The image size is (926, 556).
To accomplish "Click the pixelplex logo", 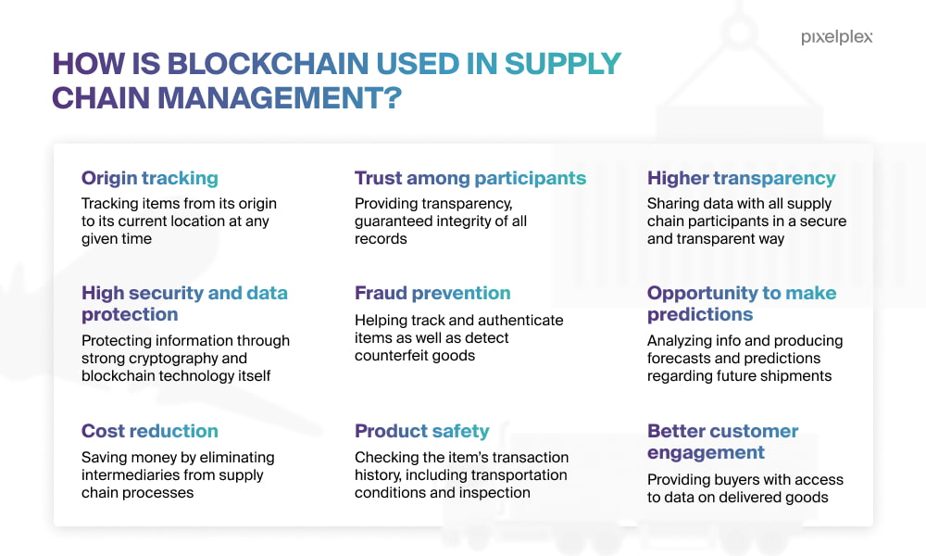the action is (836, 37).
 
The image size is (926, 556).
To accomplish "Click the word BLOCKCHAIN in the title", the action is (269, 64).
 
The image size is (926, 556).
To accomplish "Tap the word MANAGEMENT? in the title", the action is (280, 98).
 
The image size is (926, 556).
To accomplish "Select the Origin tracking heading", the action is (150, 178).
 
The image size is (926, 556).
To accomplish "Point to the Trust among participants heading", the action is (470, 178).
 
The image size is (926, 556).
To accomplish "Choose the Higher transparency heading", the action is (741, 178).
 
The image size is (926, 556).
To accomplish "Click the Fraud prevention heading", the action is (432, 293).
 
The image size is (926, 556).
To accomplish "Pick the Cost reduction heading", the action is (150, 431).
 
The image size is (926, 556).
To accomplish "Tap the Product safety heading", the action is (421, 431).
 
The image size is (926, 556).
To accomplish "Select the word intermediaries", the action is (126, 475).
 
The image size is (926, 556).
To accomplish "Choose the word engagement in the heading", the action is (706, 452).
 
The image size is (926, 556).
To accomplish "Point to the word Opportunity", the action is (702, 293).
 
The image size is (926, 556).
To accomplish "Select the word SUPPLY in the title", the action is (562, 64).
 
